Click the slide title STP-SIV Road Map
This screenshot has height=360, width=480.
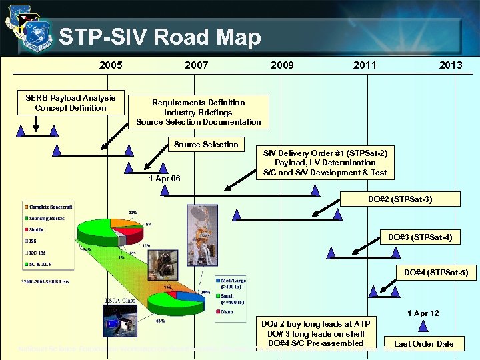(x=160, y=37)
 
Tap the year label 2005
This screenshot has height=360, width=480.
(x=111, y=65)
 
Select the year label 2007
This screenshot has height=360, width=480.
(x=196, y=65)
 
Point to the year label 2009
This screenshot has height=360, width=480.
(x=282, y=65)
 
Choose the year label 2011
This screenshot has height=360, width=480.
(x=365, y=65)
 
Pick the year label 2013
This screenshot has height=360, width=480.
(x=451, y=65)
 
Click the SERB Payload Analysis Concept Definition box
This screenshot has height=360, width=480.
(x=71, y=103)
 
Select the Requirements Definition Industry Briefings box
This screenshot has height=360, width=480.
(x=199, y=112)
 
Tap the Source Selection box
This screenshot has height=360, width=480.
(x=206, y=145)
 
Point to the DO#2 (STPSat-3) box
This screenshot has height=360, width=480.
(x=400, y=199)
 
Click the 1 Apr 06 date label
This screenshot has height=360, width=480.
(x=164, y=179)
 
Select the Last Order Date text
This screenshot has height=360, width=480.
(x=423, y=344)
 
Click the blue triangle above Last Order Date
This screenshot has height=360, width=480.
(x=423, y=326)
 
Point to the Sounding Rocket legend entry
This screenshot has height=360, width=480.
(x=47, y=217)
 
